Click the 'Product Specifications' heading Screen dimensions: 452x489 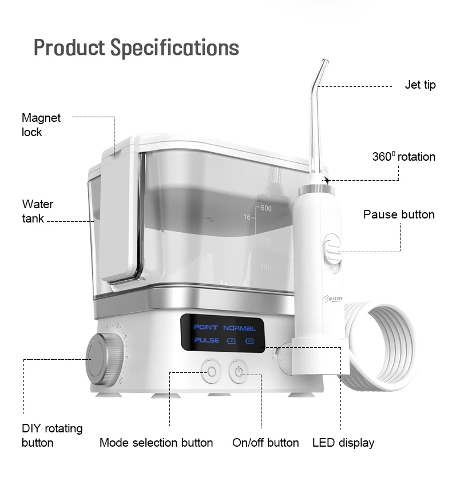tap(136, 47)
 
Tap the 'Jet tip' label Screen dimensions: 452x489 tap(420, 85)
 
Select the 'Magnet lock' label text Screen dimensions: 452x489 tap(41, 125)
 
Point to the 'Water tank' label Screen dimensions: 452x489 tap(38, 211)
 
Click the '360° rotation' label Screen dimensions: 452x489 tap(403, 157)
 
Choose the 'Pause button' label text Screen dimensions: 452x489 tap(399, 214)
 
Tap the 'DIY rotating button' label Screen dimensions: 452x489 tap(52, 435)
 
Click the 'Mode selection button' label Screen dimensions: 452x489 tap(156, 443)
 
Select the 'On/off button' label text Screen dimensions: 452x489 tap(265, 443)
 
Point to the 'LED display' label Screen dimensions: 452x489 tap(343, 443)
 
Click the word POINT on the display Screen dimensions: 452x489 tap(206, 328)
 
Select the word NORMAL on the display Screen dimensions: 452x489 tap(240, 328)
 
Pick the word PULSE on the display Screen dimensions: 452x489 tap(207, 341)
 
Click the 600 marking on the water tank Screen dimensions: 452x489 tap(266, 208)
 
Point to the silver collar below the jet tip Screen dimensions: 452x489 tap(312, 189)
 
